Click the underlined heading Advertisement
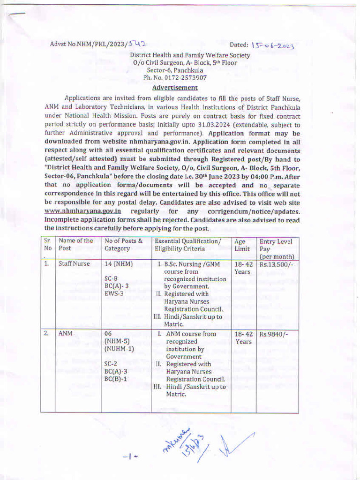(x=175, y=87)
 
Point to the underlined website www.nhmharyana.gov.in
(x=82, y=211)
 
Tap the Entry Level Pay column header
(x=277, y=249)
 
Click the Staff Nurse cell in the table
(x=74, y=264)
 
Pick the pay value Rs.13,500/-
(x=277, y=264)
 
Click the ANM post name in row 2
(x=65, y=334)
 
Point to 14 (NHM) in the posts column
(x=119, y=264)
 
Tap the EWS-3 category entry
(x=114, y=293)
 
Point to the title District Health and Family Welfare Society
(x=190, y=55)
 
